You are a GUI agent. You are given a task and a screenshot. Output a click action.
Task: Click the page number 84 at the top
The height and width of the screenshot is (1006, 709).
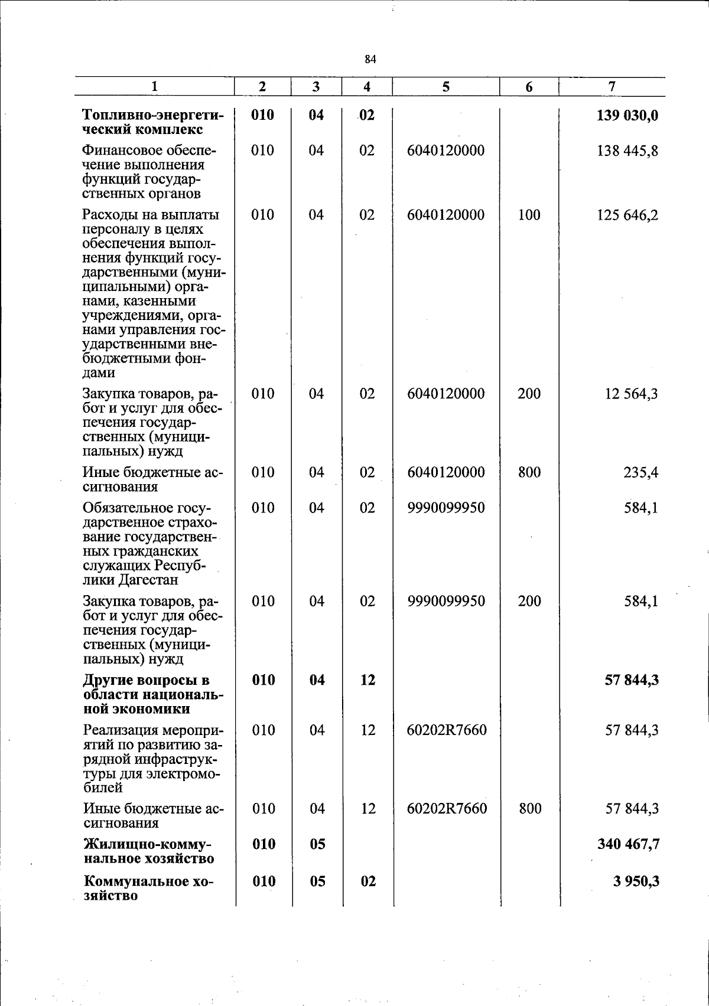pyautogui.click(x=370, y=59)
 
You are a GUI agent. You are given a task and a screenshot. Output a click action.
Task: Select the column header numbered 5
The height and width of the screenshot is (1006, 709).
pyautogui.click(x=445, y=87)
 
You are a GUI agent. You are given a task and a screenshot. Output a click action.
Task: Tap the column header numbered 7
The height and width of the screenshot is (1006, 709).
pyautogui.click(x=612, y=86)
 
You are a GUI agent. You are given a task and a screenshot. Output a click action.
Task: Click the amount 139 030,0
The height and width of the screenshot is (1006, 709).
pyautogui.click(x=627, y=115)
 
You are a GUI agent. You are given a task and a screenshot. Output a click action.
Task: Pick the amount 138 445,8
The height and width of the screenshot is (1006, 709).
pyautogui.click(x=627, y=151)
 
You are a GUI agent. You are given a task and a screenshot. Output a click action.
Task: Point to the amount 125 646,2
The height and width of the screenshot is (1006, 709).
pyautogui.click(x=627, y=215)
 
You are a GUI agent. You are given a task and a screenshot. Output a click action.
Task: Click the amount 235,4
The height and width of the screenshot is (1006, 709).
pyautogui.click(x=641, y=473)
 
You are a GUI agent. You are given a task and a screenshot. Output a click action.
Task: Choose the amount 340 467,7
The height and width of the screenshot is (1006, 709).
pyautogui.click(x=629, y=845)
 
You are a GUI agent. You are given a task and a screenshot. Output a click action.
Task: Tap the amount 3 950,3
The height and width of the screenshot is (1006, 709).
pyautogui.click(x=636, y=882)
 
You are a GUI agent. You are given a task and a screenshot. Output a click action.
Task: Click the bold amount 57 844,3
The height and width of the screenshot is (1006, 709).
pyautogui.click(x=632, y=681)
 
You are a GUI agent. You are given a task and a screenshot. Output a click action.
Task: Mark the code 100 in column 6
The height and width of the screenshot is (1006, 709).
pyautogui.click(x=529, y=215)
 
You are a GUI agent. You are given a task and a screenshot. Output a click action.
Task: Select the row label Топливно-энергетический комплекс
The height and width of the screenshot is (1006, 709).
pyautogui.click(x=153, y=122)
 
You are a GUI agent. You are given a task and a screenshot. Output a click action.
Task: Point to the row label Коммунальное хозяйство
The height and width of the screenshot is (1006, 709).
pyautogui.click(x=148, y=889)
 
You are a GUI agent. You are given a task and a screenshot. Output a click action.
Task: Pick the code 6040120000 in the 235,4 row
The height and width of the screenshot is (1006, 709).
pyautogui.click(x=445, y=473)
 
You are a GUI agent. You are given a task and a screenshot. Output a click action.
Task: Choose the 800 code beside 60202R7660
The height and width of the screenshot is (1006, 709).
pyautogui.click(x=530, y=809)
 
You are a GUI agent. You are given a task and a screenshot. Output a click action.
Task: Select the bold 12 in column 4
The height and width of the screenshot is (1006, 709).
pyautogui.click(x=367, y=681)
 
